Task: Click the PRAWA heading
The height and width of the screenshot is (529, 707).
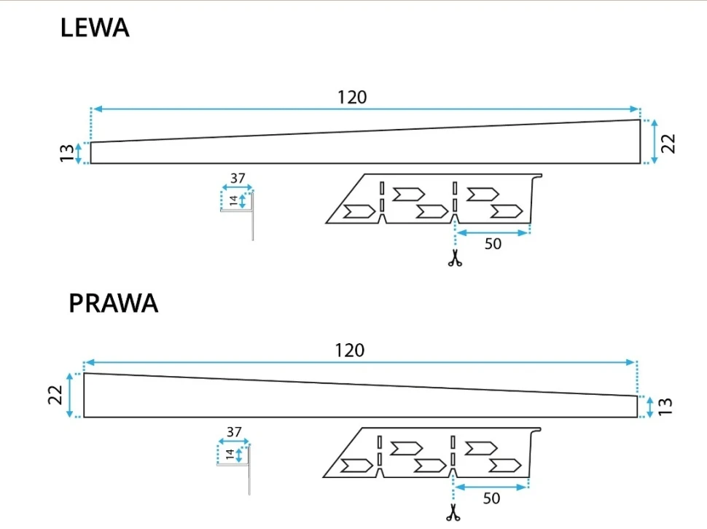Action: coord(113,303)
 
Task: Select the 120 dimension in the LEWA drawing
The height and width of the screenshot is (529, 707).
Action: coord(351,97)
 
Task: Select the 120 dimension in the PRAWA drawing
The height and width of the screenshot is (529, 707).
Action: coord(349,350)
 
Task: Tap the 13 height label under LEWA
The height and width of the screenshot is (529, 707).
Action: coord(67,153)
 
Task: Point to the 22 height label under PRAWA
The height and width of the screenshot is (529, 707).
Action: coord(57,396)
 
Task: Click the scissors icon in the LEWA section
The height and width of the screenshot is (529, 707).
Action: coord(455,258)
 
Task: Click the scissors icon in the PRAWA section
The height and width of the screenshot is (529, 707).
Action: coord(453,513)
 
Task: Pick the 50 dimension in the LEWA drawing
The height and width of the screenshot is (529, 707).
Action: coord(493,244)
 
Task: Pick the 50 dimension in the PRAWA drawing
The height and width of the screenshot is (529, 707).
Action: coord(491,498)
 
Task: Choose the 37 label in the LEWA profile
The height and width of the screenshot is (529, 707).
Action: coord(238,178)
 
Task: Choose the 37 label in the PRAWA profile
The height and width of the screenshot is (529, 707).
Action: coord(233,432)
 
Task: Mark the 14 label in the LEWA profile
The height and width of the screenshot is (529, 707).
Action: coord(233,201)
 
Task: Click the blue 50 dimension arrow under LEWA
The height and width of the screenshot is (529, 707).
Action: coord(493,233)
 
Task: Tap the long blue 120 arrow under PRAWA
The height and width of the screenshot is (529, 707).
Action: coord(361,362)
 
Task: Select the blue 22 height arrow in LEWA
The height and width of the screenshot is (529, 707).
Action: coord(654,141)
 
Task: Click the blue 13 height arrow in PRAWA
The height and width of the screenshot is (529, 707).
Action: coord(650,407)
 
